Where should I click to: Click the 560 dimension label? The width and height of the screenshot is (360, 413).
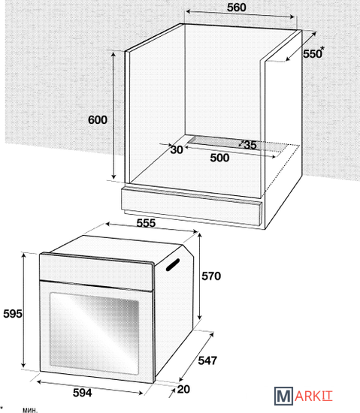(x=237, y=8)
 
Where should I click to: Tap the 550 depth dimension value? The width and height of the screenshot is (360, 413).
(x=313, y=54)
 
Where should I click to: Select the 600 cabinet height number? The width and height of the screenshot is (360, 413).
(x=98, y=120)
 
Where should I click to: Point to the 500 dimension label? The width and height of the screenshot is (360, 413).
(x=219, y=158)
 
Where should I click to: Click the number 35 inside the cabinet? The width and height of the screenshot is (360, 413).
(x=250, y=145)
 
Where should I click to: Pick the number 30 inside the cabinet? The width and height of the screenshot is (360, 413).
(x=177, y=149)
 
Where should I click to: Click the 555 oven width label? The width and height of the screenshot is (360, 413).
(x=146, y=223)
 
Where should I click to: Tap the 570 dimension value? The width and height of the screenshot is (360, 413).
(x=211, y=276)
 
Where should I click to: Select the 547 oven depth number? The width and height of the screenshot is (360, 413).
(x=207, y=360)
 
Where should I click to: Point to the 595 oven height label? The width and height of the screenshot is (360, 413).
(x=13, y=314)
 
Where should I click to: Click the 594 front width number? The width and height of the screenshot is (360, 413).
(x=82, y=393)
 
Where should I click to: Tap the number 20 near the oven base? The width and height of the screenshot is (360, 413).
(x=183, y=389)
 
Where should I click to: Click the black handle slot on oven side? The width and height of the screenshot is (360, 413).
(x=173, y=265)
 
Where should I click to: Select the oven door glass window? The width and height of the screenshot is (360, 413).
(x=95, y=333)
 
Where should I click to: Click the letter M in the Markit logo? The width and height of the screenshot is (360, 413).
(x=283, y=396)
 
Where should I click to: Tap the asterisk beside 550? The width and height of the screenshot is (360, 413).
(x=322, y=49)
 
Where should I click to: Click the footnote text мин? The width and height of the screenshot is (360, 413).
(x=30, y=410)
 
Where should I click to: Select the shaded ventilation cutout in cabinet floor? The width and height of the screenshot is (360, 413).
(x=238, y=144)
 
